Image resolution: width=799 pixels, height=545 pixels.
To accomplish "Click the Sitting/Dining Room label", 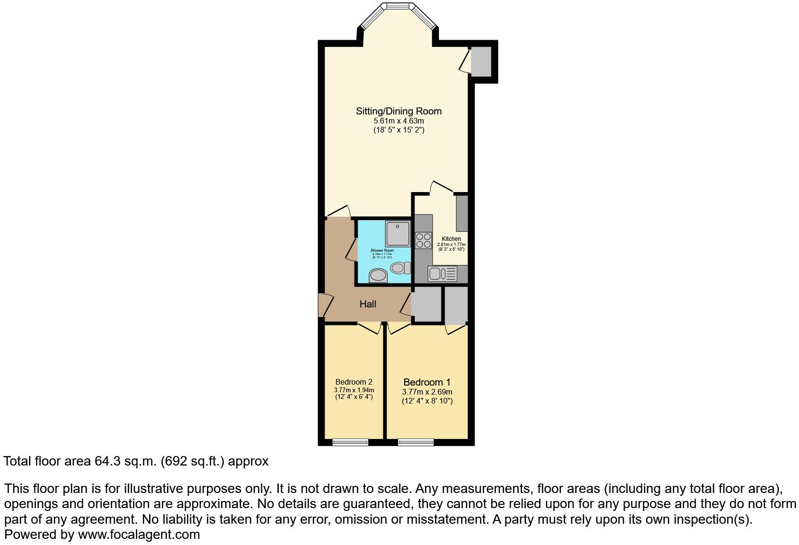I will click(x=399, y=111).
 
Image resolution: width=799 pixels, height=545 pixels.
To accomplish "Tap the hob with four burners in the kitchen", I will click(x=423, y=240).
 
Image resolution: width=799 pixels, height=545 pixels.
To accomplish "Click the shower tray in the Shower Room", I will click(x=397, y=234).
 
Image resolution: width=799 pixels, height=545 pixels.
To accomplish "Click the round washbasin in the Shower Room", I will click(x=378, y=275).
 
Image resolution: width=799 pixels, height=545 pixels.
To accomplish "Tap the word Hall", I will click(x=368, y=304).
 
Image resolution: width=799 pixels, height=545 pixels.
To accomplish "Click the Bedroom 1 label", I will click(x=426, y=382).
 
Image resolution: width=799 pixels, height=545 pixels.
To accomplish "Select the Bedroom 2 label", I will click(x=354, y=382).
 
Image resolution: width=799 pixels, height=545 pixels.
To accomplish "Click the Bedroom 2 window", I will click(x=350, y=442).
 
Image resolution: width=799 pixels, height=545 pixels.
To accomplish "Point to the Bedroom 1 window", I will click(x=416, y=442).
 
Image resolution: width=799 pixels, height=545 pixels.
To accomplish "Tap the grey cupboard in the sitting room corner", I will click(x=481, y=61).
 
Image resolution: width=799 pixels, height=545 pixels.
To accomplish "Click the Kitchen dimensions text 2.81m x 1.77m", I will click(x=451, y=245).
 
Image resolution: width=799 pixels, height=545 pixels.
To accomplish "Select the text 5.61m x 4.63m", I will click(x=399, y=121).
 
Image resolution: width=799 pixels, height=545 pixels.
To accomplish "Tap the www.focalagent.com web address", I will click(x=139, y=535).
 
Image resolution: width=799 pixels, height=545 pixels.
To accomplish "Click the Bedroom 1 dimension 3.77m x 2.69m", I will click(x=427, y=392).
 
